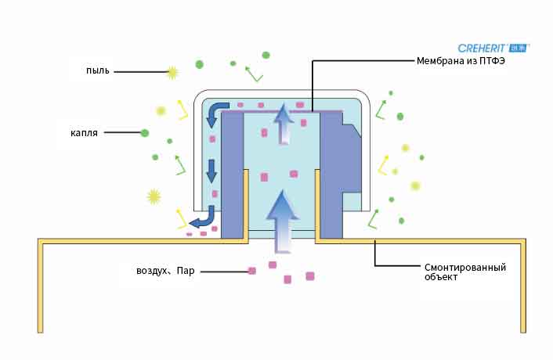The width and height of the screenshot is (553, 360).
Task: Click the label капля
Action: (84, 133)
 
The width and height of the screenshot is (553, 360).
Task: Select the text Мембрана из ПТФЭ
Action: (461, 62)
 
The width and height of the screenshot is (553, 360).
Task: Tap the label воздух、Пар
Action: (165, 272)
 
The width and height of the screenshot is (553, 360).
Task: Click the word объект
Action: (441, 279)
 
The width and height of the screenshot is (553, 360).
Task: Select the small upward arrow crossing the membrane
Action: (284, 124)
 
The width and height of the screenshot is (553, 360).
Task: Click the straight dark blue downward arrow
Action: (211, 168)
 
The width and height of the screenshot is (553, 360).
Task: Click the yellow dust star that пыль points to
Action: (172, 72)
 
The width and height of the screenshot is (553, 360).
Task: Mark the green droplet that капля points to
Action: (144, 133)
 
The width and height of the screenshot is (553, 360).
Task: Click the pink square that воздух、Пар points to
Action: (252, 271)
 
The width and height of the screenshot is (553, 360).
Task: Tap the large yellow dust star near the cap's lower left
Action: (154, 196)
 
